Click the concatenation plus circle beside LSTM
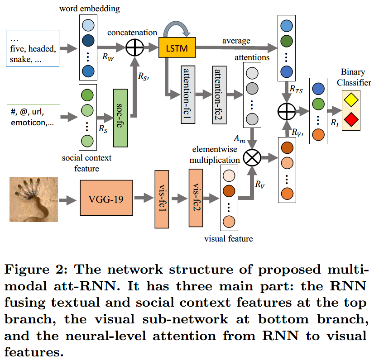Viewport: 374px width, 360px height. pos(134,47)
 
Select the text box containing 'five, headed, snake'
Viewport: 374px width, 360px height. pos(34,49)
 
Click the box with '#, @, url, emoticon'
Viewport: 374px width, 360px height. pos(34,116)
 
